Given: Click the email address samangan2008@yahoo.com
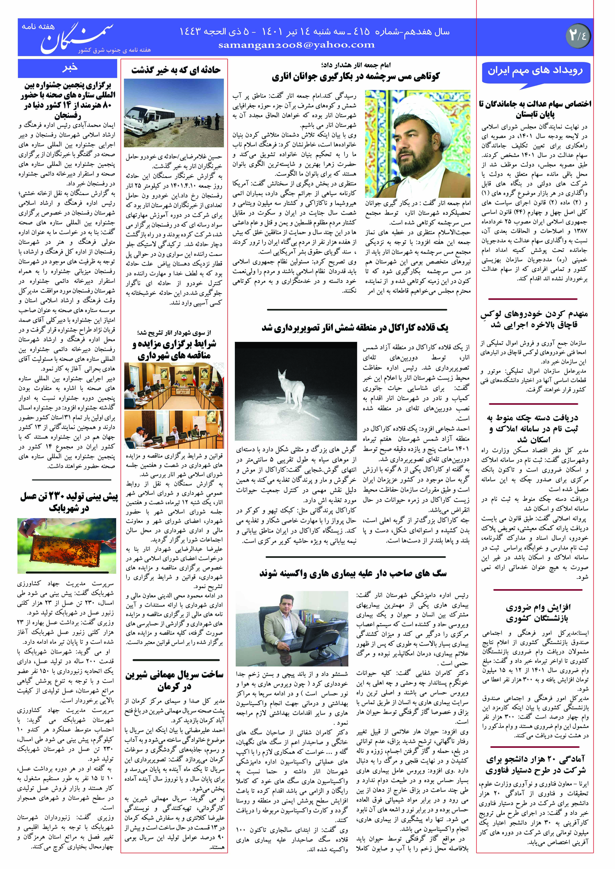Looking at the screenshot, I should pyautogui.click(x=296, y=45).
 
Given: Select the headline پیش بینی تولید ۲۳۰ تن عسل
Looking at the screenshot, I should pyautogui.click(x=69, y=502).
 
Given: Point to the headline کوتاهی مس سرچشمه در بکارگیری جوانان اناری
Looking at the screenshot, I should pyautogui.click(x=356, y=77).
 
